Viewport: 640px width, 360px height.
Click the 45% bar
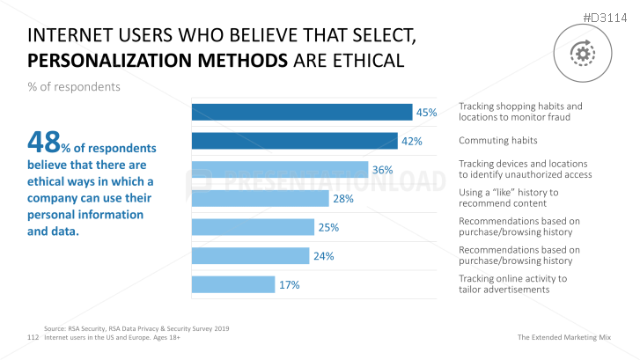click(x=302, y=112)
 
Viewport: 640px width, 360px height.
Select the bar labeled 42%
click(x=294, y=141)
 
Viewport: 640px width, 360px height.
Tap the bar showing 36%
click(x=280, y=170)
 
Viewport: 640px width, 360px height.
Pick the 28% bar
click(x=261, y=198)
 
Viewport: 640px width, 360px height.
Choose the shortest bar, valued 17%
click(x=232, y=284)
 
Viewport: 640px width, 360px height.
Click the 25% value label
click(x=328, y=227)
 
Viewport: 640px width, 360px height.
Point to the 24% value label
click(x=323, y=256)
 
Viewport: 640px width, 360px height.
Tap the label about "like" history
click(x=509, y=198)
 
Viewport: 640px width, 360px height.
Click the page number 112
click(x=33, y=337)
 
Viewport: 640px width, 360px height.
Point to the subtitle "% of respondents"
click(x=74, y=88)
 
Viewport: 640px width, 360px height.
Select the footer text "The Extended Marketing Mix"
click(x=572, y=337)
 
